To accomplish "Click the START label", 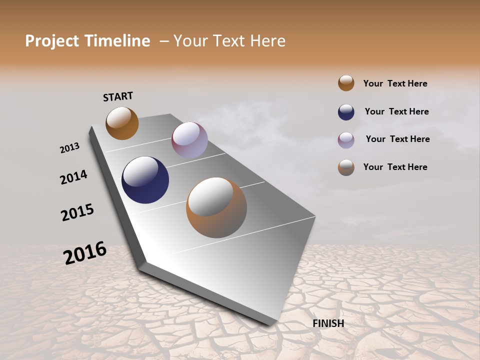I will [118, 96].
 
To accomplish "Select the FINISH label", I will [328, 323].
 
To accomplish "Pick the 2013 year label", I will [69, 147].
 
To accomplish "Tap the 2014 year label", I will [73, 177].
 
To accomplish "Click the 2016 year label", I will [85, 252].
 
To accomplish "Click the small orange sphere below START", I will [122, 123].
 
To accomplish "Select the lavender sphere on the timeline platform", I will [189, 140].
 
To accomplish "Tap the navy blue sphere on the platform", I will [145, 180].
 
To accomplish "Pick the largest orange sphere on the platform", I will [216, 207].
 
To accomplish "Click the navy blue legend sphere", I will [346, 112].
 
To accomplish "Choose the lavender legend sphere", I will [346, 140].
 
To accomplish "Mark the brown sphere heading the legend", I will [346, 83].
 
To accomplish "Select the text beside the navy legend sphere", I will [396, 111].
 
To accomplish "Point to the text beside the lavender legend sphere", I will [397, 139].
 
